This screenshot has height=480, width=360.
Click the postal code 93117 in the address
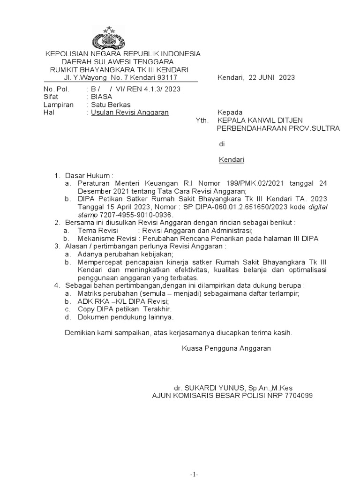click(x=167, y=77)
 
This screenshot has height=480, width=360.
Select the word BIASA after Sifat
click(x=102, y=97)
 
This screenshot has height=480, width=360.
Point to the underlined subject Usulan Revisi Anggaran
click(x=130, y=112)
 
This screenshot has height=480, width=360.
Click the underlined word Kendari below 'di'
click(x=232, y=160)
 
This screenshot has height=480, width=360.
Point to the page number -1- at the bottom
click(x=194, y=474)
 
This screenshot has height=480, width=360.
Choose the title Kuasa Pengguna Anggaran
click(x=226, y=348)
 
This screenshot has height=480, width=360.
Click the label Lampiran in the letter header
click(x=58, y=105)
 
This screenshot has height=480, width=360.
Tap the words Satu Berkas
click(x=111, y=105)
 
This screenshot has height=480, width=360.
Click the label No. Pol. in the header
click(x=56, y=89)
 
